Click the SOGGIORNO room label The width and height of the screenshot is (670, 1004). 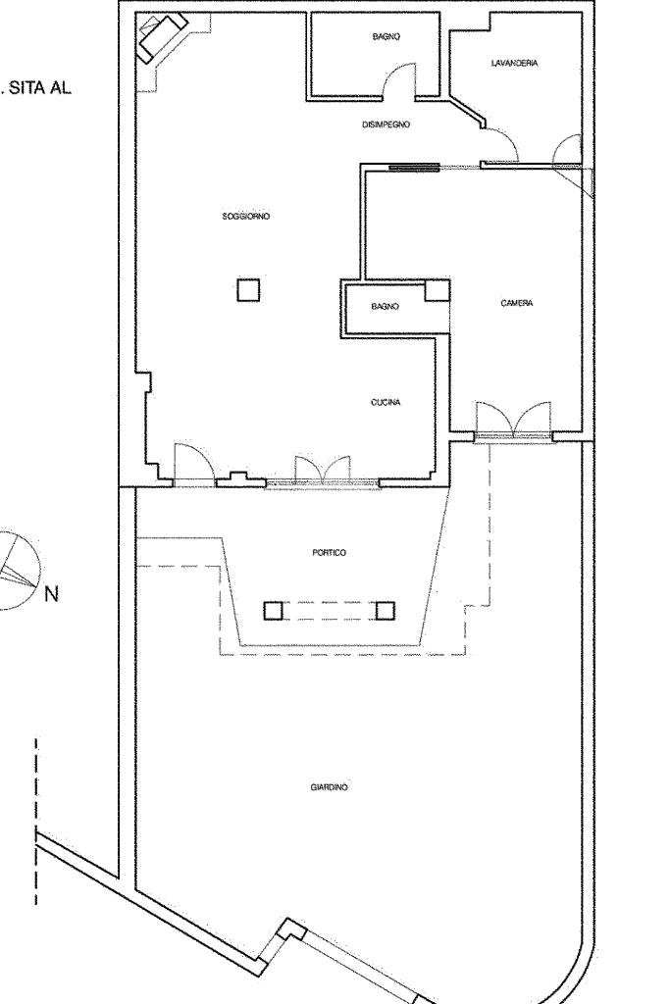point(246,217)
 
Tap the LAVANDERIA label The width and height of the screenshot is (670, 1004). point(514,64)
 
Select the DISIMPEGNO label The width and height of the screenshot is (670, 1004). point(386,125)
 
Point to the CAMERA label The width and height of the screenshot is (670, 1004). point(516,303)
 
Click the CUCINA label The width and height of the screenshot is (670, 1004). point(386,403)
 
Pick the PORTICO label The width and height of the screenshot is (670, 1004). point(330,553)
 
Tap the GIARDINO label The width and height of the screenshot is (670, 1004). point(330,787)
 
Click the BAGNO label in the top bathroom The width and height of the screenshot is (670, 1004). point(387,37)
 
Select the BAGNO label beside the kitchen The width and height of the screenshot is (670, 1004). point(385,307)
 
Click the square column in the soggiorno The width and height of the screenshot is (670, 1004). point(248,289)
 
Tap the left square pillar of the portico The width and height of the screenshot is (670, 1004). point(273,611)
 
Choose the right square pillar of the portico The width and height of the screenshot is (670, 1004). point(385,611)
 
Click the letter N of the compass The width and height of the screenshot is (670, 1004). point(51,594)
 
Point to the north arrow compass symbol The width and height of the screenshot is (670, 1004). point(18,570)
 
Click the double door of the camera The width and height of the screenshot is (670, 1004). point(513,420)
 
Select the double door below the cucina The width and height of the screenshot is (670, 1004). point(322,470)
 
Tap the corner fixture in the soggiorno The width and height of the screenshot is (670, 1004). point(163,38)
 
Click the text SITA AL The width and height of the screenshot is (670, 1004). point(38,88)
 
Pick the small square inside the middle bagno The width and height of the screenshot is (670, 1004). point(438,290)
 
